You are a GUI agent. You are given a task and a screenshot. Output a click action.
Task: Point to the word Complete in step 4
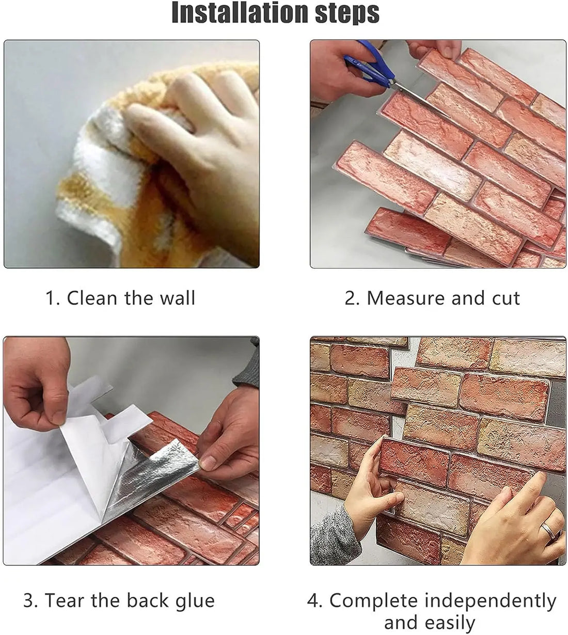point(373,600)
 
